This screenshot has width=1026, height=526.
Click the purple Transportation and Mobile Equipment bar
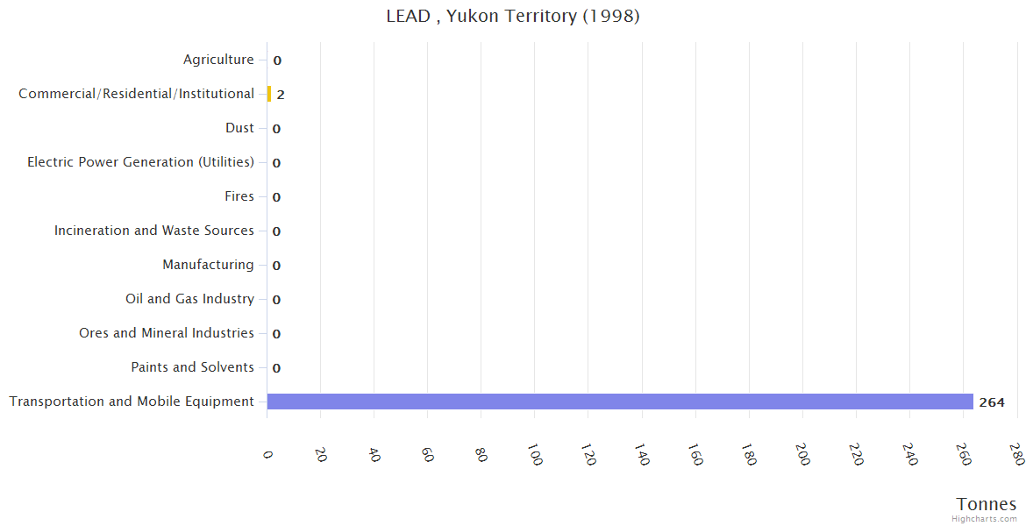point(619,402)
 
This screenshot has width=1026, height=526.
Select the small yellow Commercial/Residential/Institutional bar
point(269,94)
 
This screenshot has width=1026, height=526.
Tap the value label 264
point(992,402)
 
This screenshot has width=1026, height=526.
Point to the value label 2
point(281,95)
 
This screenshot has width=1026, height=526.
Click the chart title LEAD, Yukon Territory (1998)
point(513,16)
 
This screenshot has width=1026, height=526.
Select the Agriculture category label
point(218,60)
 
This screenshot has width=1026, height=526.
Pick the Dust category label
point(239,128)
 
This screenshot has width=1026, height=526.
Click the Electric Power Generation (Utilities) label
point(140,162)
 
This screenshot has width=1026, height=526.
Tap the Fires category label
point(239,196)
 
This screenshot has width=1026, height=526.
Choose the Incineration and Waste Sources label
point(154,231)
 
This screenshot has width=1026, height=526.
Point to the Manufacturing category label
point(208,265)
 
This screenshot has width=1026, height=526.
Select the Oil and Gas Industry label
point(189,299)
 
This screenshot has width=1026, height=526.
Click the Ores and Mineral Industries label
point(167,333)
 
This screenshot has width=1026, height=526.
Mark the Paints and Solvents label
point(192,367)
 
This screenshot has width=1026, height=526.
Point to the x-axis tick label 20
point(321,454)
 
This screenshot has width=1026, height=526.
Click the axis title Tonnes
point(987,504)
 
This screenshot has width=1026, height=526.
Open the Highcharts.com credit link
point(984,519)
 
